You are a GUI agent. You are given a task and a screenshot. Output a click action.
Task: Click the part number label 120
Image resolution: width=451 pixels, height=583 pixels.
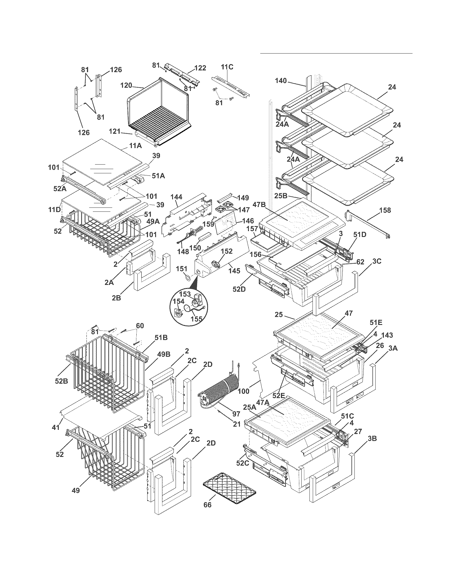point(126,85)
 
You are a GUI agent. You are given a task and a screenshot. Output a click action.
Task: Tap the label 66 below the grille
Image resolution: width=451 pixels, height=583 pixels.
point(207,505)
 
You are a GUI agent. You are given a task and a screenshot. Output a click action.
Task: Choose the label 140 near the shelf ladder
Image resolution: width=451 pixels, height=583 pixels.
point(280,81)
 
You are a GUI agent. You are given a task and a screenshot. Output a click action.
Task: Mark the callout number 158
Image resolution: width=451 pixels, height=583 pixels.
point(385,210)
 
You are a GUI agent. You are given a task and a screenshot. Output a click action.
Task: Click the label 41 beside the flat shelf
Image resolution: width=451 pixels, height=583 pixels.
point(55,427)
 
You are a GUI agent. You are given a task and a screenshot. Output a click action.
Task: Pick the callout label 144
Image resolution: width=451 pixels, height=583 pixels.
point(176,197)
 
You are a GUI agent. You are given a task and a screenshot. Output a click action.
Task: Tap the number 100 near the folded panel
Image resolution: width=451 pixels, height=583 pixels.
point(243,391)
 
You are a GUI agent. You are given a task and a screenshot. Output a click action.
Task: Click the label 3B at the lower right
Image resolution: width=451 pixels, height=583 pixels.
point(372,438)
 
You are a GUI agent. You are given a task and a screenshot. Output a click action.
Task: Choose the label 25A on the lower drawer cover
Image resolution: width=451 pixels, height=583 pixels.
point(249,407)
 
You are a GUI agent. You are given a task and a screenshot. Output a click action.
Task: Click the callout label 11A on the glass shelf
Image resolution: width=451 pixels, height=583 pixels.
point(136,146)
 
